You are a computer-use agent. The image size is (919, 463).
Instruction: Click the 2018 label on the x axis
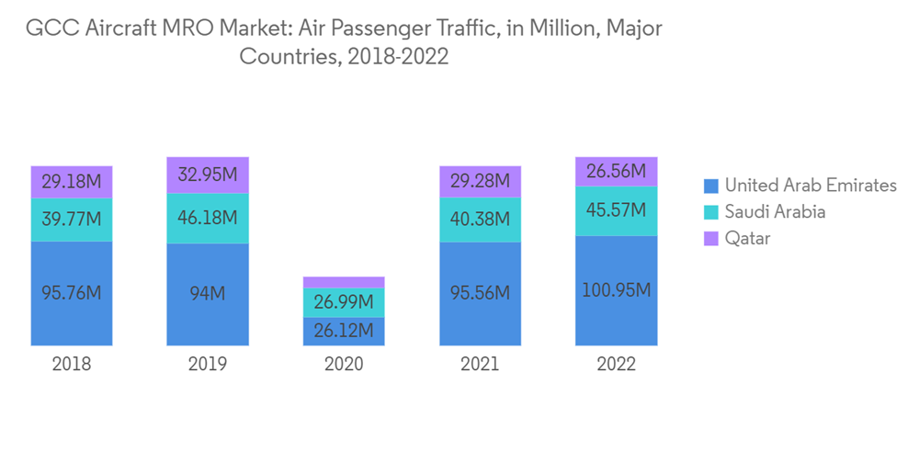click(x=72, y=364)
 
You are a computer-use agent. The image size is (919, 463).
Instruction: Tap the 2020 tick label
click(x=344, y=364)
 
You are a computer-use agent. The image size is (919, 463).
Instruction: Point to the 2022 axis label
click(x=616, y=364)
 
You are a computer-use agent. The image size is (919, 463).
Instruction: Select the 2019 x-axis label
click(x=208, y=364)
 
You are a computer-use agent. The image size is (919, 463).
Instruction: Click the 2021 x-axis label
click(x=480, y=364)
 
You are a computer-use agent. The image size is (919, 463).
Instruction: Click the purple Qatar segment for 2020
click(x=344, y=282)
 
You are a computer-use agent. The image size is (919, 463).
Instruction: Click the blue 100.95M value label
click(x=616, y=290)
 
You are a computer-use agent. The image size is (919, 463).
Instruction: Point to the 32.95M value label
click(x=208, y=175)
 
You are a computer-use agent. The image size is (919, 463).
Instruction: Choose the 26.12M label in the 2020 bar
click(x=344, y=331)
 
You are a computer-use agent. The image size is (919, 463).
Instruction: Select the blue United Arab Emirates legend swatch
click(x=710, y=186)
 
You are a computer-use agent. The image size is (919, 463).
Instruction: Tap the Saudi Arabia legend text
click(x=775, y=212)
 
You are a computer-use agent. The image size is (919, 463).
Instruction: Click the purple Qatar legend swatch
click(x=710, y=239)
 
